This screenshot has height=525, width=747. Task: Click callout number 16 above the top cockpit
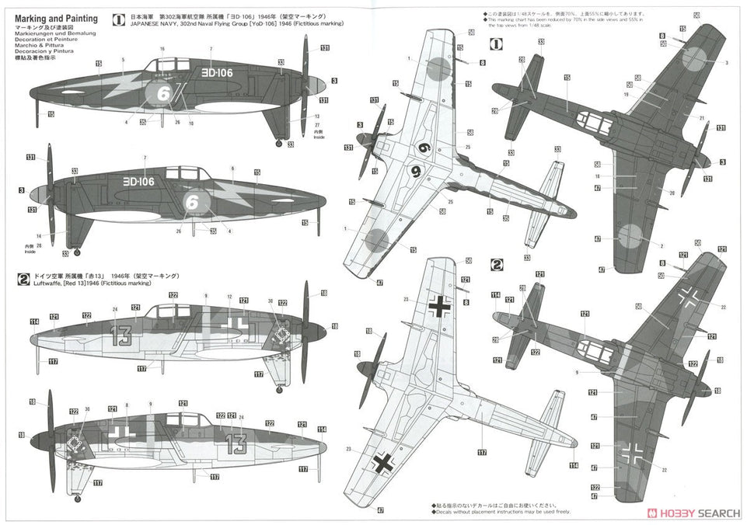tap(162, 50)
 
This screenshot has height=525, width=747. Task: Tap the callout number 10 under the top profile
tap(191, 124)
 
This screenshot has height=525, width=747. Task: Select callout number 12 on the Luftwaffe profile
tap(230, 297)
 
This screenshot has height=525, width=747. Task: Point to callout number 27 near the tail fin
tap(296, 123)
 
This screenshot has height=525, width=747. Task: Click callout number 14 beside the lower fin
tap(38, 235)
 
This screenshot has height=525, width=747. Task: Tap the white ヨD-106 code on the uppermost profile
tap(222, 71)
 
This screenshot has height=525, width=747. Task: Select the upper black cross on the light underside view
tap(440, 309)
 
